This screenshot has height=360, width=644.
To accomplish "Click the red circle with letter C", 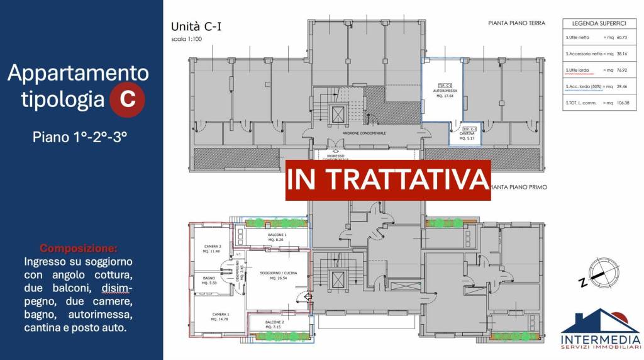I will point(128,99).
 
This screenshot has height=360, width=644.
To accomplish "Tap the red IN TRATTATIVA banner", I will point(388,179).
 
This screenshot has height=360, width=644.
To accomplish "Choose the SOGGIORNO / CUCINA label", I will point(277,275).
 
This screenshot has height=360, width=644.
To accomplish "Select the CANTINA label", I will point(466,133).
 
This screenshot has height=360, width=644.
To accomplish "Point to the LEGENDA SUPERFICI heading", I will point(598,23).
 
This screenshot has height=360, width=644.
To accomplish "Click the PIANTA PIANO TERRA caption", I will point(516,23).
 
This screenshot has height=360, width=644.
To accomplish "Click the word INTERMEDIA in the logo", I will point(601,337).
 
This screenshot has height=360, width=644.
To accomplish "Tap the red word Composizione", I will point(79,248).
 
